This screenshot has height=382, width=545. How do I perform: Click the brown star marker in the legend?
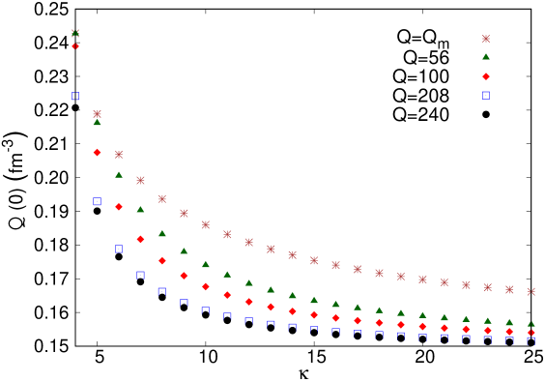click(x=486, y=39)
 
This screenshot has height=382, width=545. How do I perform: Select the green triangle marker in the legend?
click(x=486, y=57)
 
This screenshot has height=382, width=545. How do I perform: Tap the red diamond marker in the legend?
click(x=486, y=76)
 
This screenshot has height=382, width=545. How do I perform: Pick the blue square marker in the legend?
click(x=486, y=95)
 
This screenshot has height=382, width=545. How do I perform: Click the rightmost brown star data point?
click(x=531, y=291)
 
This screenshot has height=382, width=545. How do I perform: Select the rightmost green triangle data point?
click(x=531, y=324)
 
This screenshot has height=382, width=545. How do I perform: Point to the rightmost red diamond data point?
click(x=531, y=333)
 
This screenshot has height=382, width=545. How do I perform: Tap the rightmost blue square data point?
click(x=531, y=340)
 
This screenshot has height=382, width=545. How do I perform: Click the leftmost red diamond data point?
click(x=75, y=46)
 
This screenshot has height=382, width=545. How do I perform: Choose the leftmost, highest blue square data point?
click(x=75, y=96)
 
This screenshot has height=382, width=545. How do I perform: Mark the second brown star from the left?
click(x=97, y=114)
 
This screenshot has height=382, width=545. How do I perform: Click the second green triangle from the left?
click(x=97, y=123)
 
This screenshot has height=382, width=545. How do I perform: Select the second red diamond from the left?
click(x=97, y=152)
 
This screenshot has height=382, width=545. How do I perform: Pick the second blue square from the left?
click(x=97, y=201)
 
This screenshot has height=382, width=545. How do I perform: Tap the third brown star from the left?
click(x=119, y=154)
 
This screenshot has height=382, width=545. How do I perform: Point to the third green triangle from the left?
click(x=119, y=175)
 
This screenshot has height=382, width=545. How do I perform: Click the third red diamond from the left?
click(x=119, y=207)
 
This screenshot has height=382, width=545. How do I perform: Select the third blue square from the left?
click(x=119, y=249)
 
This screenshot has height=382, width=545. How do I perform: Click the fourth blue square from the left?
click(x=140, y=275)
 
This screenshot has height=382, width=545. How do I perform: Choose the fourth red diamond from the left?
click(x=140, y=239)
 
